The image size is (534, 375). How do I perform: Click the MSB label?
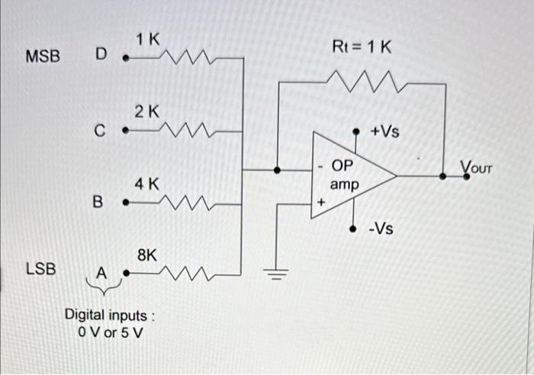point(43,57)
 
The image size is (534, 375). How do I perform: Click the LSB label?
point(40,268)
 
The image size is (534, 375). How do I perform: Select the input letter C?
point(99,131)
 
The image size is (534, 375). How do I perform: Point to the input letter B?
point(97,202)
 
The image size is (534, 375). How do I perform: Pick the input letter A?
point(100,272)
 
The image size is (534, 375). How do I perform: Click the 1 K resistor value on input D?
point(148,40)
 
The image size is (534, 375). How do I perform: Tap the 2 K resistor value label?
point(146,112)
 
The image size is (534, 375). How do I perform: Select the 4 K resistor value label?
point(146,184)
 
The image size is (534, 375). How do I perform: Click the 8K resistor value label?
point(147,255)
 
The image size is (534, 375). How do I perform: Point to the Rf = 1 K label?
point(362,47)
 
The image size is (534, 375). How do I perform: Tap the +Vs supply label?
point(384,131)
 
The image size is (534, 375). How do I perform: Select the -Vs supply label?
point(381,227)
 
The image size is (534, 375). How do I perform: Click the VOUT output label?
point(478,167)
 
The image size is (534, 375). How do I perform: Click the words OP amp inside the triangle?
point(343,175)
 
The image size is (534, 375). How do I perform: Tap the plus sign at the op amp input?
point(321,204)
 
